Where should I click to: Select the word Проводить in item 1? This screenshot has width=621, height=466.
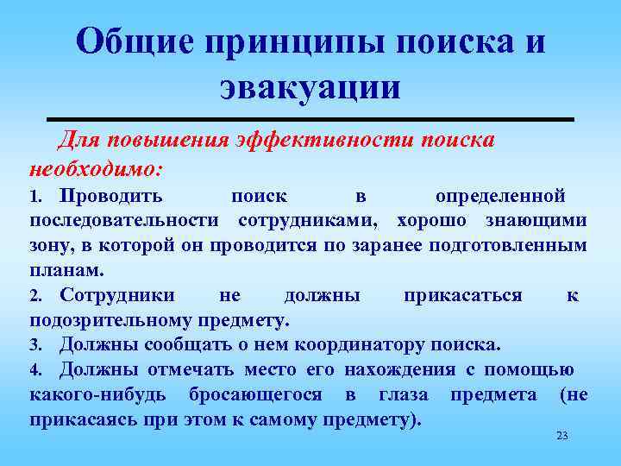110,197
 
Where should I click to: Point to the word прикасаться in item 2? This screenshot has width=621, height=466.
463,296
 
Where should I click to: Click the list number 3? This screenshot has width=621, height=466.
34,347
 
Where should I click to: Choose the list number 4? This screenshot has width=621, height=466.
34,371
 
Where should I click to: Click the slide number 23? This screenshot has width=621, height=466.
561,436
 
